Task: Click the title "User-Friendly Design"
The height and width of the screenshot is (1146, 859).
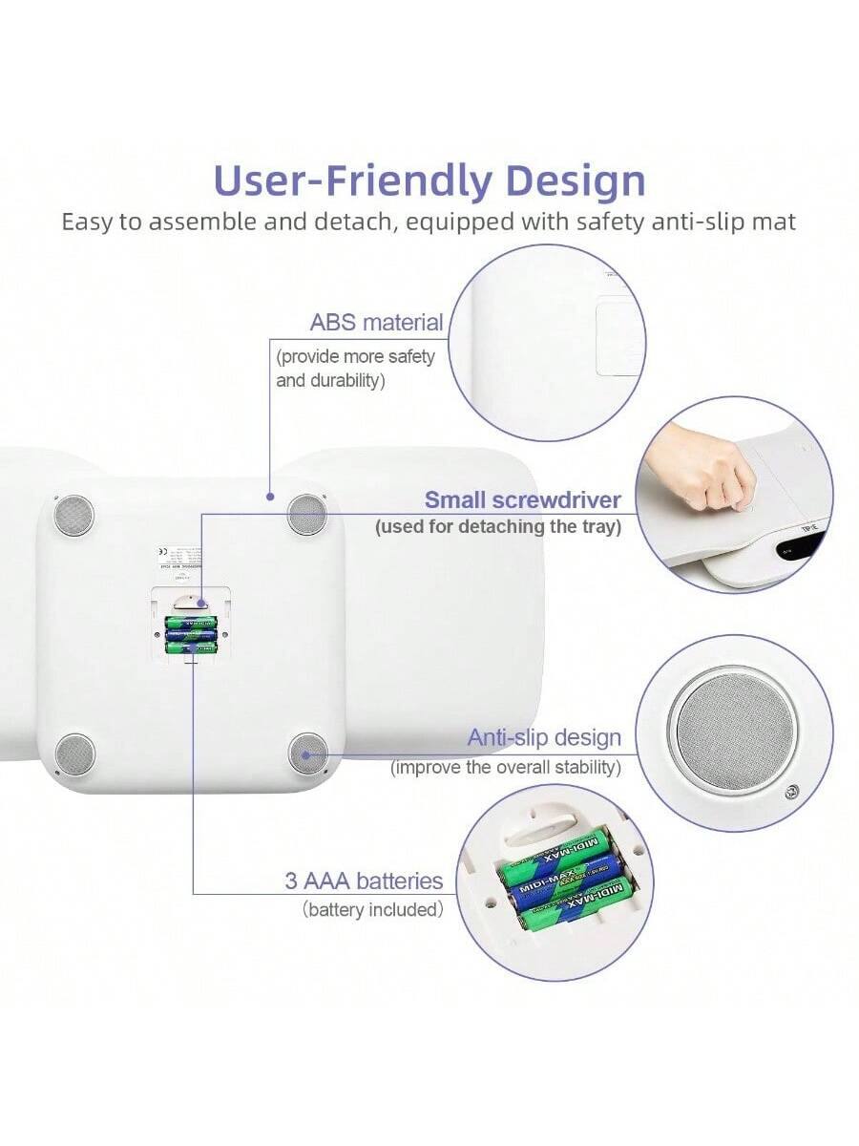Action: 429,180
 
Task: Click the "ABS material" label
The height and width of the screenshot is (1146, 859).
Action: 376,323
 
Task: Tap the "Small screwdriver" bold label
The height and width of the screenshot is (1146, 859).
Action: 522,499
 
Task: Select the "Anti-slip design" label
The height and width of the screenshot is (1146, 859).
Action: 544,737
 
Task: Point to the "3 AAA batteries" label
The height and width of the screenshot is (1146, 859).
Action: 364,881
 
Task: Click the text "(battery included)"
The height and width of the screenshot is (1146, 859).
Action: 373,910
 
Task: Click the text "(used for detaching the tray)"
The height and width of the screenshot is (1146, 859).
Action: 497,526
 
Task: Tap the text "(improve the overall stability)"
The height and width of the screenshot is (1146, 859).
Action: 505,767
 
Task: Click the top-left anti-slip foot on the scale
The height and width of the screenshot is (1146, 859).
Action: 73,516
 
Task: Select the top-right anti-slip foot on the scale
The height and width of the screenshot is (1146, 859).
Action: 307,513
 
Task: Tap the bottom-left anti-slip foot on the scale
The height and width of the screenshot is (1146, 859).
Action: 74,753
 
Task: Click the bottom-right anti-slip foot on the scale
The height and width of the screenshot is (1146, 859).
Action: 307,753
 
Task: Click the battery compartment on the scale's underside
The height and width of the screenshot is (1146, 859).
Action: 190,626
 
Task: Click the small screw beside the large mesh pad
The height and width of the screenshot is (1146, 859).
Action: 791,792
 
